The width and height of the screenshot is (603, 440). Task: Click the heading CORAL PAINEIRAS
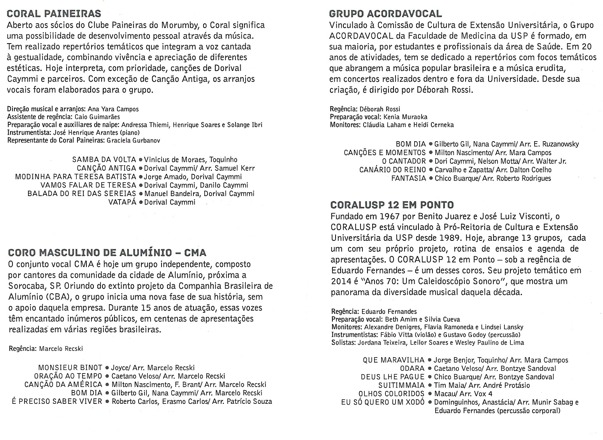click(x=54, y=14)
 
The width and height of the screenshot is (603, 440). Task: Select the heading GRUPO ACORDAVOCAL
click(x=385, y=14)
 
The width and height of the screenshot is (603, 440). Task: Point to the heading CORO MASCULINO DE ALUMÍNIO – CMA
click(x=107, y=253)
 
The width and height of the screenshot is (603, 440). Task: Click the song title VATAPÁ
click(x=122, y=202)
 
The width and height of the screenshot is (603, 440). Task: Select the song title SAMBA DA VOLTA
click(x=104, y=160)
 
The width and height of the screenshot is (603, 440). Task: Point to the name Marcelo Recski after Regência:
click(x=61, y=349)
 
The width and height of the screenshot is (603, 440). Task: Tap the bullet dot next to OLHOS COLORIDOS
click(x=429, y=394)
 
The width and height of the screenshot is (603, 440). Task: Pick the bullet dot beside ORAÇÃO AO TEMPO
click(x=107, y=376)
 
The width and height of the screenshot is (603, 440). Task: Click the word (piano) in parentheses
click(x=141, y=133)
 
